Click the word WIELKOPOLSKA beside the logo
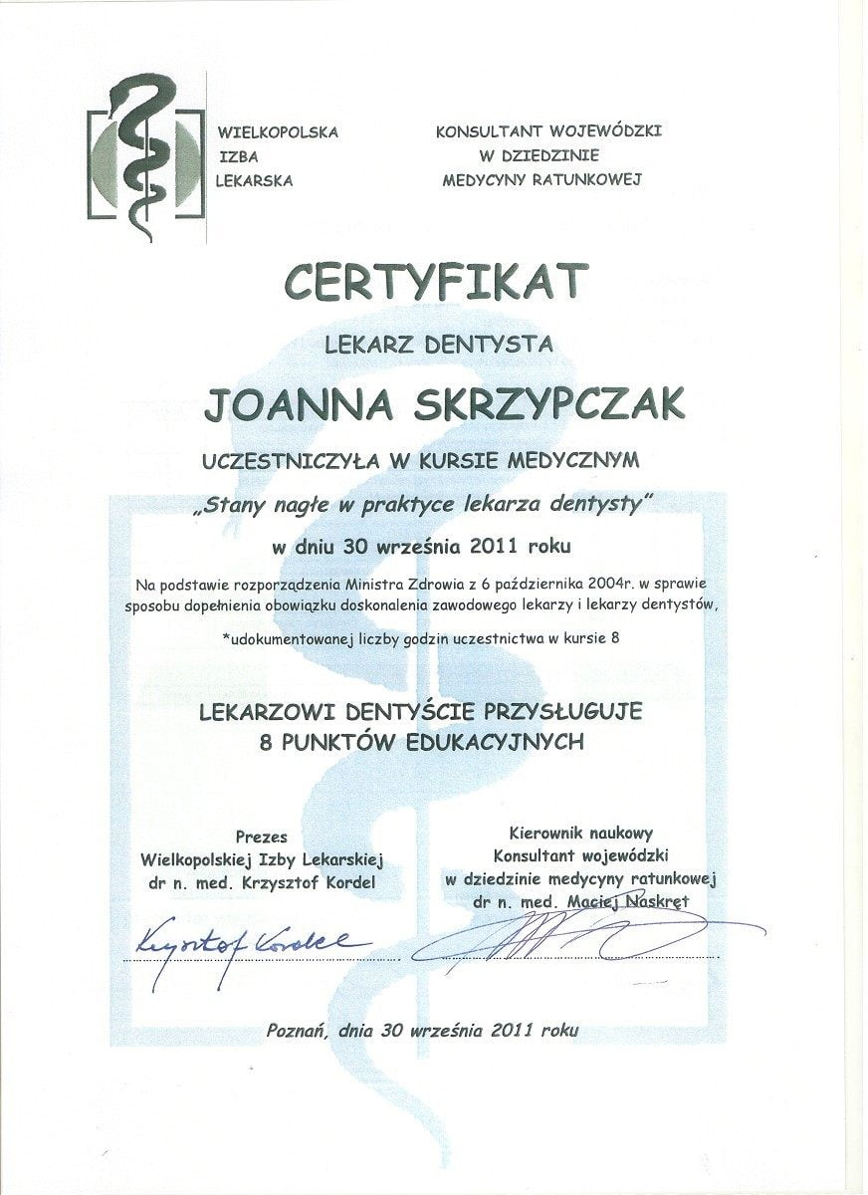279,131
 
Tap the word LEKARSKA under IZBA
255,181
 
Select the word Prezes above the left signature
262,836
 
